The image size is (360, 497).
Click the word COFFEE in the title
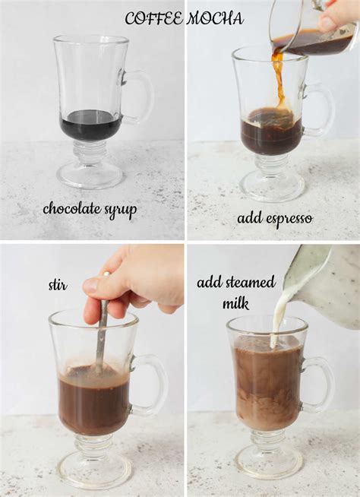[153, 18]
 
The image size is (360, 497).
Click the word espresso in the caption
[287, 219]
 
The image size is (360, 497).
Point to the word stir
[58, 286]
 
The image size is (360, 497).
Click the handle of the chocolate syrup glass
[141, 97]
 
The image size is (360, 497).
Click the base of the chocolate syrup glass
[90, 176]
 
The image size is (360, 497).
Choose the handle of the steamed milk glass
[322, 383]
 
